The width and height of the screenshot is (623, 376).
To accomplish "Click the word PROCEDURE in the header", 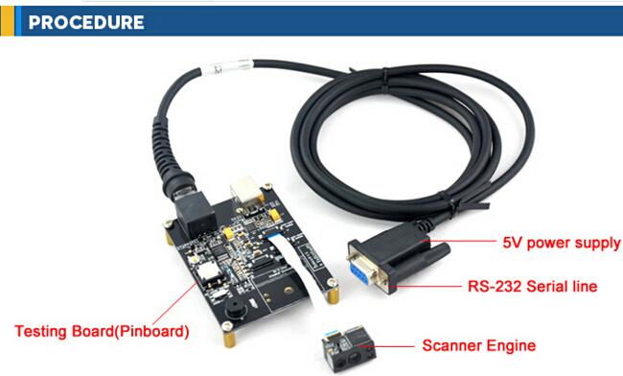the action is point(86,22).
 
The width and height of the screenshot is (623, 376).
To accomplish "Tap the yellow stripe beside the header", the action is point(8,21).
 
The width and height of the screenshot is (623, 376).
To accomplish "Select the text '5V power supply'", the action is point(561,243).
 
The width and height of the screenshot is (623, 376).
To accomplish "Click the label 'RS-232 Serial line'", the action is point(532,286).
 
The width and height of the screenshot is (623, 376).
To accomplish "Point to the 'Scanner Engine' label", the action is point(479,345).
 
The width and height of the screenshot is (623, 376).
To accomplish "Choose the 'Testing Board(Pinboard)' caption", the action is point(102,331).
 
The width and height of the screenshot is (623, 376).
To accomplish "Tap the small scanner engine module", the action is point(349,349).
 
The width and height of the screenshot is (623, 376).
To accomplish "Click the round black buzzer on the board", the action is point(236,309).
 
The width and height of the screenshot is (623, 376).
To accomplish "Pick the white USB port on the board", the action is point(246,191).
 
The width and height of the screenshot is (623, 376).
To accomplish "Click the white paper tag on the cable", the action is point(227,67).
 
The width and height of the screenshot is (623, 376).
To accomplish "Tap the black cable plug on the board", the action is point(196,214).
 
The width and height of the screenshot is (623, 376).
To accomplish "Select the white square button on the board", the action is point(209,271).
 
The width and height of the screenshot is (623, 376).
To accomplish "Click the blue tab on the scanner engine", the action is point(331,332).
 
